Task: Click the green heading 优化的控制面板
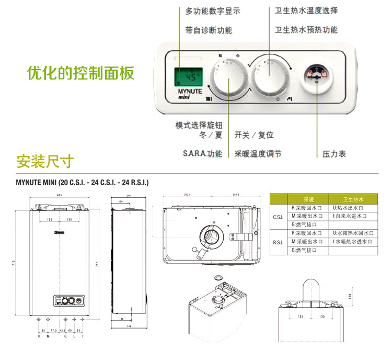[80, 73]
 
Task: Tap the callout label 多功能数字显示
[213, 11]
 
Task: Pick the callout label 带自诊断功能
[209, 30]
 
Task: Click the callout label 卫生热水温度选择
[306, 11]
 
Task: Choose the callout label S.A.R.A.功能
[202, 154]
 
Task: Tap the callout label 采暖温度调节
[258, 154]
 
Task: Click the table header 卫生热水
[353, 199]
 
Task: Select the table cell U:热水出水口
[350, 208]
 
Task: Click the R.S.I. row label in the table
[279, 242]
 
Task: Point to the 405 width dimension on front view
[59, 195]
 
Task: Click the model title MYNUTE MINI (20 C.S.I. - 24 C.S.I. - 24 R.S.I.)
[83, 183]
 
